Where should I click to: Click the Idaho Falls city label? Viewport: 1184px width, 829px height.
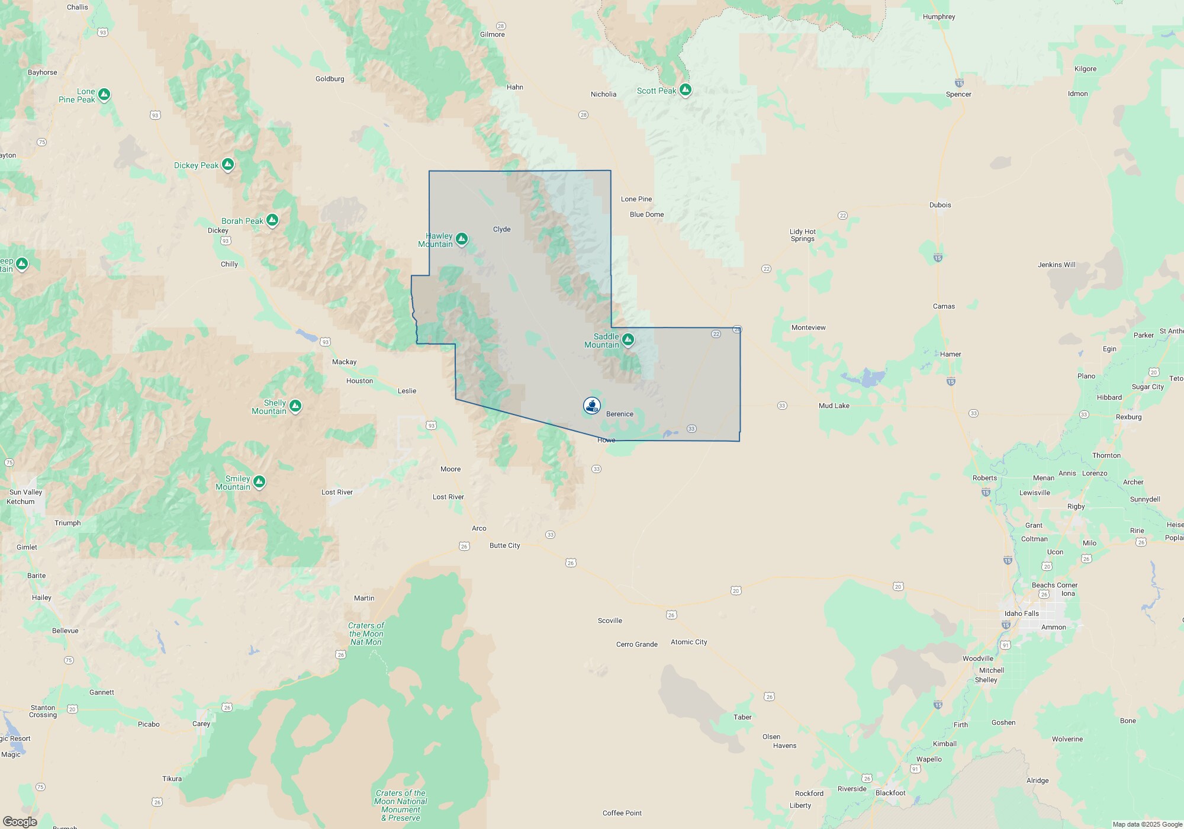tap(1021, 613)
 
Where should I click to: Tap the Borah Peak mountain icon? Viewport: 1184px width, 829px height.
tap(272, 220)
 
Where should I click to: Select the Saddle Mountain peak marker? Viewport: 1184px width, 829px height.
tap(628, 339)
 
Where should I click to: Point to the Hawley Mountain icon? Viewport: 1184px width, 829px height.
tap(462, 239)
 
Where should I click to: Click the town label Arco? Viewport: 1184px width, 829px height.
tap(479, 528)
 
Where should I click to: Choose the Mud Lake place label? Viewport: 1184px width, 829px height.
tap(834, 406)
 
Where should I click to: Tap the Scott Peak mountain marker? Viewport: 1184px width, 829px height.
tap(686, 90)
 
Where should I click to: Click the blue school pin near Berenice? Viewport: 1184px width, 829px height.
tap(592, 405)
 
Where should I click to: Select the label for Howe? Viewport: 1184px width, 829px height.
tap(606, 440)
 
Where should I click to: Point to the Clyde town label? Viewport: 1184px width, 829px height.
tap(501, 229)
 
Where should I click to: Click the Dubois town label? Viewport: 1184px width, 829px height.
tap(940, 205)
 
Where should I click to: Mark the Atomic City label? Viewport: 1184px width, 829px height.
tap(688, 642)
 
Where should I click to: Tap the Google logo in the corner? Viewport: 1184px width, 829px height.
tap(20, 822)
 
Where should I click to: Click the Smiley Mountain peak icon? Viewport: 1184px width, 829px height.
tap(259, 483)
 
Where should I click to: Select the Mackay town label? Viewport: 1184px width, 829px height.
tap(344, 362)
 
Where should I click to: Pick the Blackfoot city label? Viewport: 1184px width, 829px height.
tap(890, 793)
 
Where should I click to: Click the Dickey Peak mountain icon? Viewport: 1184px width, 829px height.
tap(228, 165)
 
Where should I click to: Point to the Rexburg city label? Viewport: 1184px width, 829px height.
tap(1128, 417)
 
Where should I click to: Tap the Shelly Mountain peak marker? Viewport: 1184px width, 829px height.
tap(295, 406)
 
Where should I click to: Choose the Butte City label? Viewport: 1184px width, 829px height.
tap(504, 545)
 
